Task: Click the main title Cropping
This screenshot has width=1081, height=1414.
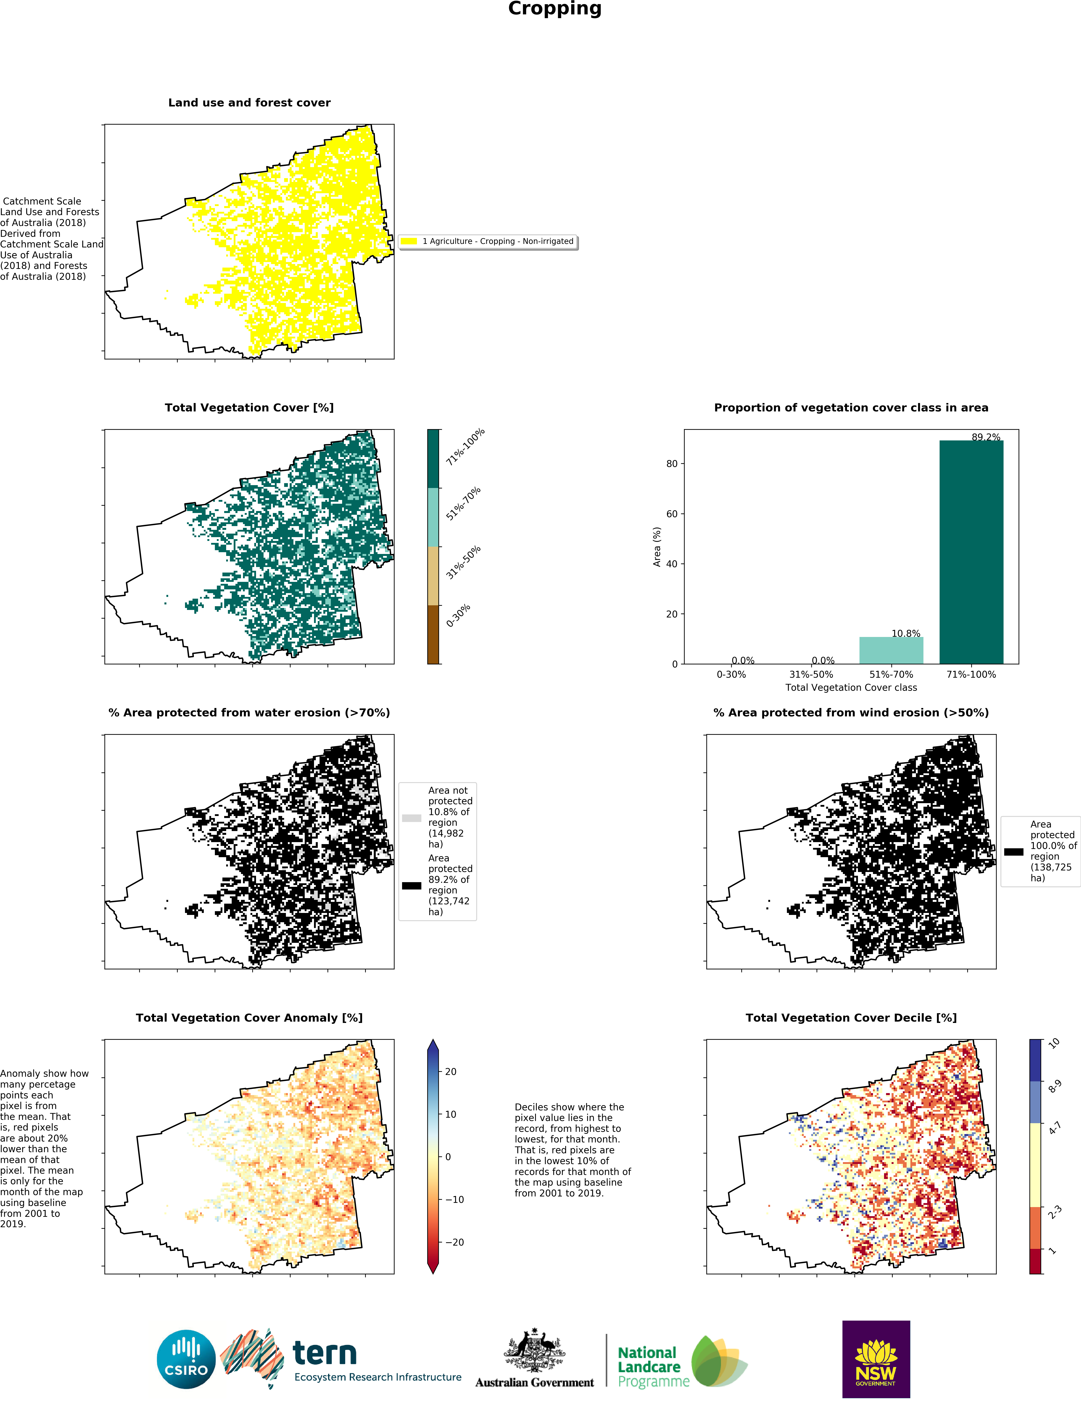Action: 555,9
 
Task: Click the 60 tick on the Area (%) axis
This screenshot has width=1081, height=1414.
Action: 672,514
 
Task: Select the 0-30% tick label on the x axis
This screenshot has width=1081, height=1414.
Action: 731,675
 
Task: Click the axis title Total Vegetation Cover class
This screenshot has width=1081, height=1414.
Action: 851,687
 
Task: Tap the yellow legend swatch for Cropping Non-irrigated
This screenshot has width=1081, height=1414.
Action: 409,241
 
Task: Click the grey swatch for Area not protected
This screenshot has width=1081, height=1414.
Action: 412,818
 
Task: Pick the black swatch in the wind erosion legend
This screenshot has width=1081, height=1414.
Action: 1014,851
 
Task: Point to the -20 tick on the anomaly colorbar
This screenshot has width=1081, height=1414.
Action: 454,1242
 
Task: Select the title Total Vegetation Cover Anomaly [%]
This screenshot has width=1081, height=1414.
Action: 249,1018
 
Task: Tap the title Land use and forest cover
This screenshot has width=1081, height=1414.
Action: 249,102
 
